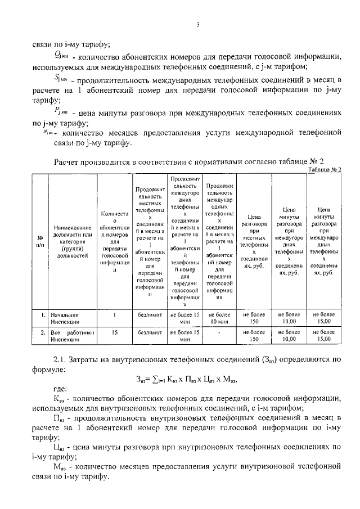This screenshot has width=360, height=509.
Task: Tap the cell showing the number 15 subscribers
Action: pyautogui.click(x=114, y=332)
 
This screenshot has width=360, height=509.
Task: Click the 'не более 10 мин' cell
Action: pyautogui.click(x=220, y=319)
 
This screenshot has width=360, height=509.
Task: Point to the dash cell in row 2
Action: pyautogui.click(x=220, y=332)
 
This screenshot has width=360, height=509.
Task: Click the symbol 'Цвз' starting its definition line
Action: pyautogui.click(x=59, y=447)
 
